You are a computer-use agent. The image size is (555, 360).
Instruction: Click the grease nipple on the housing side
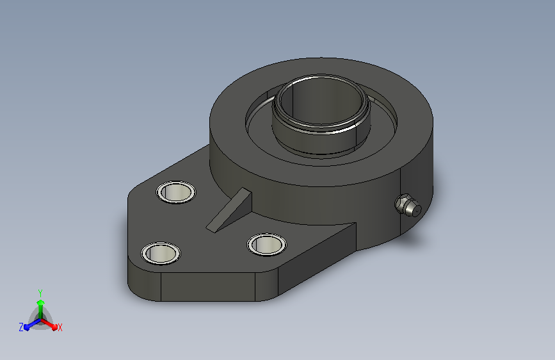click(x=408, y=205)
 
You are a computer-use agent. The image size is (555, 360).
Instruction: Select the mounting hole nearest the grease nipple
click(x=266, y=244)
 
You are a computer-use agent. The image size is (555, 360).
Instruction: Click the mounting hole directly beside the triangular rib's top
click(x=176, y=192)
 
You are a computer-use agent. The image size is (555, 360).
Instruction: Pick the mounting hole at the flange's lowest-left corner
click(x=161, y=253)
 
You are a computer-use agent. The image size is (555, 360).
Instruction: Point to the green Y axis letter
click(x=40, y=293)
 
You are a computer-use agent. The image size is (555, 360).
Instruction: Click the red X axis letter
click(x=60, y=328)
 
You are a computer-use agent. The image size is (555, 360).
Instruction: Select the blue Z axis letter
click(x=21, y=327)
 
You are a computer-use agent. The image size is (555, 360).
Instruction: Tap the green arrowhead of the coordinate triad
click(x=40, y=302)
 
